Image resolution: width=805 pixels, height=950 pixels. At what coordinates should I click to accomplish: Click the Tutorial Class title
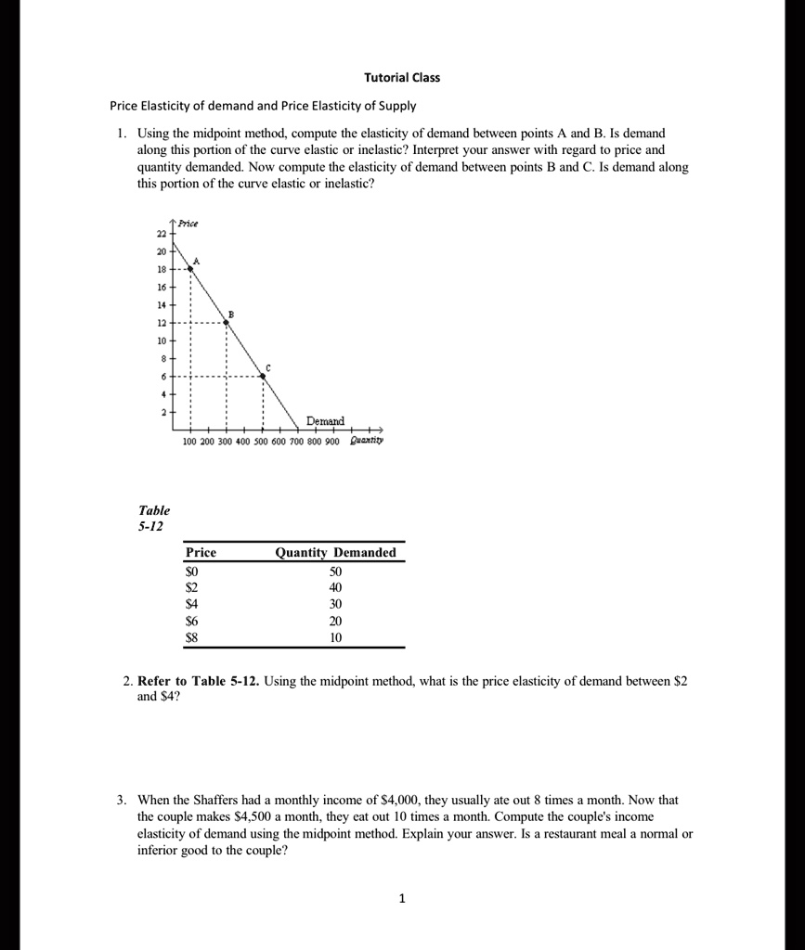coord(402,78)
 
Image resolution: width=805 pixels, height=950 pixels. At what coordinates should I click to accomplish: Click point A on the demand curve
coord(190,267)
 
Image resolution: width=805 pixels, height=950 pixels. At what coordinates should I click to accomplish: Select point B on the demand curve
coord(227,322)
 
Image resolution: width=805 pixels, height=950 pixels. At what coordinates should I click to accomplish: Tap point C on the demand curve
coord(262,376)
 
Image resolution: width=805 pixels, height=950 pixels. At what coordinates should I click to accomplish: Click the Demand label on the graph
coord(325,421)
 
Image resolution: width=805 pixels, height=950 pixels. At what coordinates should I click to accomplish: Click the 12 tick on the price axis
coord(162,322)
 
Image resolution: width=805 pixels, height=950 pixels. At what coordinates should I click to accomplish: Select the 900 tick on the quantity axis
coord(332,442)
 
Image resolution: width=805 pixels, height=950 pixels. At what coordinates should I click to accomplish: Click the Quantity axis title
coord(366,442)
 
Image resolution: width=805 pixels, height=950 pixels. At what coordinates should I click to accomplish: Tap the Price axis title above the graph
coord(188,224)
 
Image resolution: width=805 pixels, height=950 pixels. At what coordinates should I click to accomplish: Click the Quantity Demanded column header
coord(335,553)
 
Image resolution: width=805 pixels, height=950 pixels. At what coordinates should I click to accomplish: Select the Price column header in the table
coord(201,553)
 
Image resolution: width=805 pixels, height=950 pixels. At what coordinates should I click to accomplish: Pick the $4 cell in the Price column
coord(192,604)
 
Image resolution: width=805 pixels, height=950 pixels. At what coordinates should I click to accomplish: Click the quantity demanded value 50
coord(335,571)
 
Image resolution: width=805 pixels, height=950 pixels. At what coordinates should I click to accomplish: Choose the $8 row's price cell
coord(192,637)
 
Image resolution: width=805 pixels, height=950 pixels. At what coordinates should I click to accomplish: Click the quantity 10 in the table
coord(335,637)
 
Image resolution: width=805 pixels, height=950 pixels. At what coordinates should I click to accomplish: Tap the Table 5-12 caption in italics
coord(154,518)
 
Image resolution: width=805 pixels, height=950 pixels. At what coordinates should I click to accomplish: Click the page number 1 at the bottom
coord(401,898)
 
